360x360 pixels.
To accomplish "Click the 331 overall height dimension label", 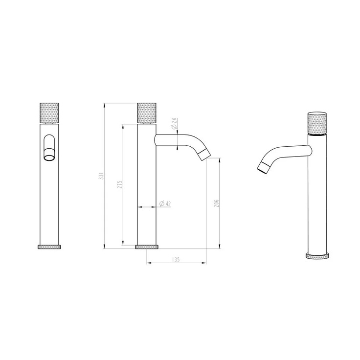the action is pyautogui.click(x=102, y=176).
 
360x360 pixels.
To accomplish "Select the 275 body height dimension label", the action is pyautogui.click(x=120, y=184).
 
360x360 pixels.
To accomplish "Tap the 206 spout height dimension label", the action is pyautogui.click(x=216, y=203).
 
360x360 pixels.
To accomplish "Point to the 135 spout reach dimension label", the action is pyautogui.click(x=176, y=260).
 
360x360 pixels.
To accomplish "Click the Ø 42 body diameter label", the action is pyautogui.click(x=165, y=203).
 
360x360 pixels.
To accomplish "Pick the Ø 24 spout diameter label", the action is pyautogui.click(x=175, y=124).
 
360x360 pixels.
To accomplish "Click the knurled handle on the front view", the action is pyautogui.click(x=49, y=113).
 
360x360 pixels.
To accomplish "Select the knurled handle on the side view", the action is pyautogui.click(x=147, y=113).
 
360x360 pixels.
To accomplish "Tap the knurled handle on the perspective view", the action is pyautogui.click(x=317, y=124).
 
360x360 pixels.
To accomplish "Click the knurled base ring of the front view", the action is pyautogui.click(x=49, y=247).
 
